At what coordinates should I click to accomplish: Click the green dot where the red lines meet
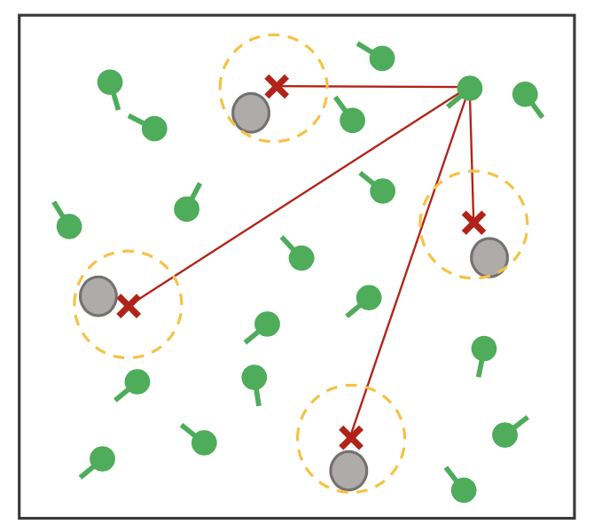pos(469,88)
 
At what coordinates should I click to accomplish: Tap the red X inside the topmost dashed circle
pos(277,86)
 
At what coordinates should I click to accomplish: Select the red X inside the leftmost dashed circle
pos(129,306)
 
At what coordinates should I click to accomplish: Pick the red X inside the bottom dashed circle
pos(351,438)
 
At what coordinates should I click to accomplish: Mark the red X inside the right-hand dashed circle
pos(473,223)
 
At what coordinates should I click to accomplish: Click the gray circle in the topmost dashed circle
pos(251,113)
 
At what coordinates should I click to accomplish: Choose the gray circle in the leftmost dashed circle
pos(98,296)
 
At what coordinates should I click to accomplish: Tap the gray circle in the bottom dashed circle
pos(348,471)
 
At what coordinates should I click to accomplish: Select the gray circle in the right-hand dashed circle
pos(489,257)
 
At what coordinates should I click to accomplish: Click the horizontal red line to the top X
pos(372,87)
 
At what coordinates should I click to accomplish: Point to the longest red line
pos(299,197)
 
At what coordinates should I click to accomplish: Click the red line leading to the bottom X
pos(410,263)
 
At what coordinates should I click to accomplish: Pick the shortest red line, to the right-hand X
pos(472,155)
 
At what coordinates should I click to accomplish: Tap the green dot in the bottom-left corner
pos(102,458)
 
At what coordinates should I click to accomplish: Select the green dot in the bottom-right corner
pos(464,489)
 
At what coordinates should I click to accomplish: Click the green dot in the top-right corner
pos(525,94)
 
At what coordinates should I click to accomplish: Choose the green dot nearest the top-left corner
pos(110,82)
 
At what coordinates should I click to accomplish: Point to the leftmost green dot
pos(69,226)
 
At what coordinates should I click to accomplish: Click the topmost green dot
pos(382,59)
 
